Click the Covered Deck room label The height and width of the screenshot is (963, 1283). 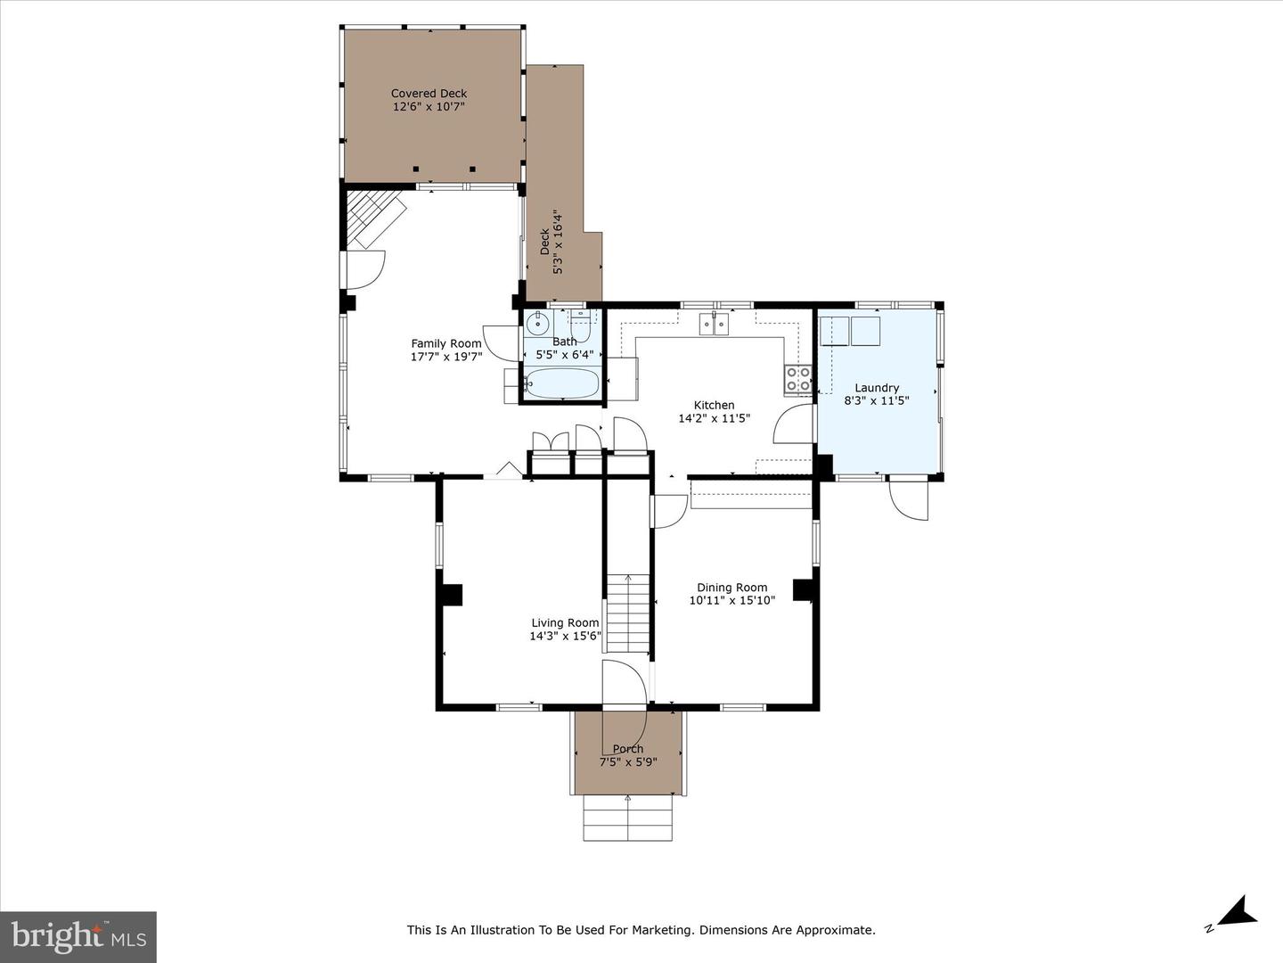tap(429, 93)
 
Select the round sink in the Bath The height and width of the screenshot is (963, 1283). tap(537, 323)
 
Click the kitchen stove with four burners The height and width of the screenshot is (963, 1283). tap(798, 379)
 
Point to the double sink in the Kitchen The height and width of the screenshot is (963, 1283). tap(715, 324)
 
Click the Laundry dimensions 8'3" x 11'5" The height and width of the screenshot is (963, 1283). tap(877, 401)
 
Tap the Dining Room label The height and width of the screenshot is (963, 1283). tap(731, 588)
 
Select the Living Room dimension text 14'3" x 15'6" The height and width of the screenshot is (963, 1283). tap(565, 637)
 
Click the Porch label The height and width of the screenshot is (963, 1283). tap(628, 749)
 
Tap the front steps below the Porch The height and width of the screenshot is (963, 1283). tap(628, 818)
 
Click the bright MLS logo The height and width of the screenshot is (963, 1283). tap(78, 936)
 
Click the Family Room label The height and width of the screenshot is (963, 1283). tap(445, 343)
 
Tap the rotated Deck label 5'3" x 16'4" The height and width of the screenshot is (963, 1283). tap(552, 243)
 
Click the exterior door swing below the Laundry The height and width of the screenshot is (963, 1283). tap(910, 500)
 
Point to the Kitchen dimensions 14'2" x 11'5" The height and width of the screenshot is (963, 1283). tap(715, 418)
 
